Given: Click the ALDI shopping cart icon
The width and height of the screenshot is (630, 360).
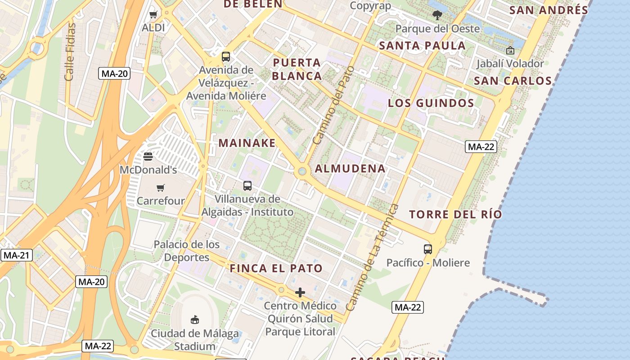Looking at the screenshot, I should [153, 15].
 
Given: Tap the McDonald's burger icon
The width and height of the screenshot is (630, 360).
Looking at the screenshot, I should [148, 156].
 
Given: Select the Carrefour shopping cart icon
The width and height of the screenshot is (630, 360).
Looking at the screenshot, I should [161, 187].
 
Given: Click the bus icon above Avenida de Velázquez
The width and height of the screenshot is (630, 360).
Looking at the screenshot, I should [226, 57].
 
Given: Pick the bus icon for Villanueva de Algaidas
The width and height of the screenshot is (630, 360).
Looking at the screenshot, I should [247, 185].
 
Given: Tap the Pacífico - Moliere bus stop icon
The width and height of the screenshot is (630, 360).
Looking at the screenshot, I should [428, 249].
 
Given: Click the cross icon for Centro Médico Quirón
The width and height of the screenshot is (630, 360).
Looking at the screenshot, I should [300, 292].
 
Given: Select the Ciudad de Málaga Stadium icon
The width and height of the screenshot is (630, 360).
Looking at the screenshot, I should [195, 319].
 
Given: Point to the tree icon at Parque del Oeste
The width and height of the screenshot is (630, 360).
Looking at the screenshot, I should [437, 15].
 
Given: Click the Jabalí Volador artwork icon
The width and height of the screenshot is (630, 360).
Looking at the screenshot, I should [510, 50].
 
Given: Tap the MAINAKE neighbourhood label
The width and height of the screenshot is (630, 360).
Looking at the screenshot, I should [247, 143].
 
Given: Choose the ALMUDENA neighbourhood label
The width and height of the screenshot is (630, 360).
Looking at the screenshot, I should [350, 169].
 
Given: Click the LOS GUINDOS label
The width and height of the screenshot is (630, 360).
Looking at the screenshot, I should [431, 103].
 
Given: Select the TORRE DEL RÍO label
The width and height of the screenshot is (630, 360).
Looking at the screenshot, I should [455, 214].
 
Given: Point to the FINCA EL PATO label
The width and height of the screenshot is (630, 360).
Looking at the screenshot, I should [276, 269].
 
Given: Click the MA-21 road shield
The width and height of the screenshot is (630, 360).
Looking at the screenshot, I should [16, 256].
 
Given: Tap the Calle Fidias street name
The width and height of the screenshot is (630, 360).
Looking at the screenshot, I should [70, 52].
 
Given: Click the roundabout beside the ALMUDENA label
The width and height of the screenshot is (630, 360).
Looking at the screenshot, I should [302, 171].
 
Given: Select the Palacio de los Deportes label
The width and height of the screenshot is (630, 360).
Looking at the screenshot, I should [187, 251].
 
